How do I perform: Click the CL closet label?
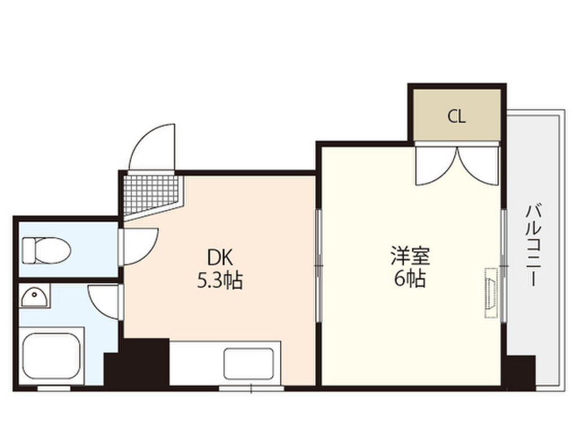tap(456, 117)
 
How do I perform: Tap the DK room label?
tap(219, 258)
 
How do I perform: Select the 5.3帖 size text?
tap(219, 280)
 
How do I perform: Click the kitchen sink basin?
tap(248, 364)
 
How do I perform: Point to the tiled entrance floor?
tap(149, 193)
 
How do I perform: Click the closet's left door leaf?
tap(435, 165)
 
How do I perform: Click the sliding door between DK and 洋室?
tap(318, 266)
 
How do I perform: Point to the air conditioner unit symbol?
tap(490, 294)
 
